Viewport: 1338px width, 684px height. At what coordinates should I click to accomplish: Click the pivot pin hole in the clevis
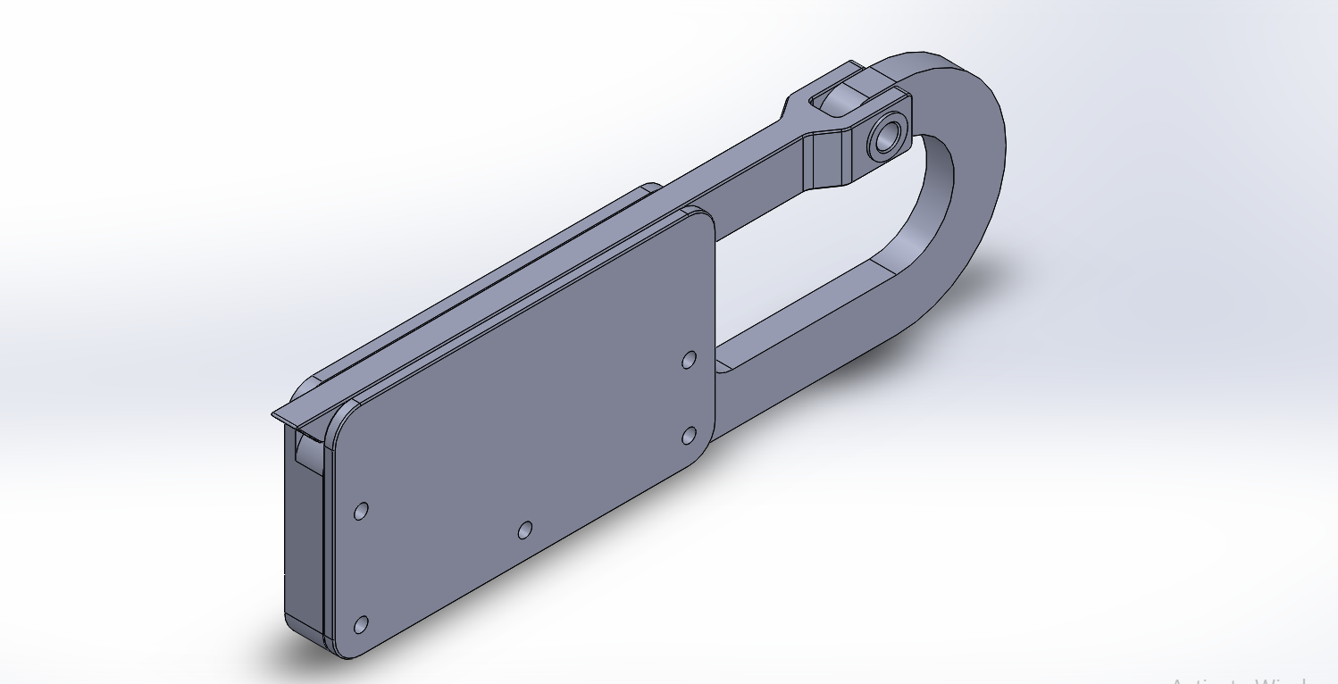tap(887, 138)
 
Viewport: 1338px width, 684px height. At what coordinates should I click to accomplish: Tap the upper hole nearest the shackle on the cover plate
tap(689, 360)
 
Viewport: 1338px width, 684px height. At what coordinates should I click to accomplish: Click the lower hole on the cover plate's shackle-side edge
tap(689, 436)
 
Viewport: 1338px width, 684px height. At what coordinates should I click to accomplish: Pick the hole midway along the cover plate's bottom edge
tap(525, 531)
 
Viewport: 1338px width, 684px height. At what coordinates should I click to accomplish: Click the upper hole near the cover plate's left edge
tap(362, 512)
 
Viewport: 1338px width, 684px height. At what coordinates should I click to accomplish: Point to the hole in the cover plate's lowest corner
tap(361, 625)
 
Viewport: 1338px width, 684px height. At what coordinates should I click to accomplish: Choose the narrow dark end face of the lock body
tap(302, 536)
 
